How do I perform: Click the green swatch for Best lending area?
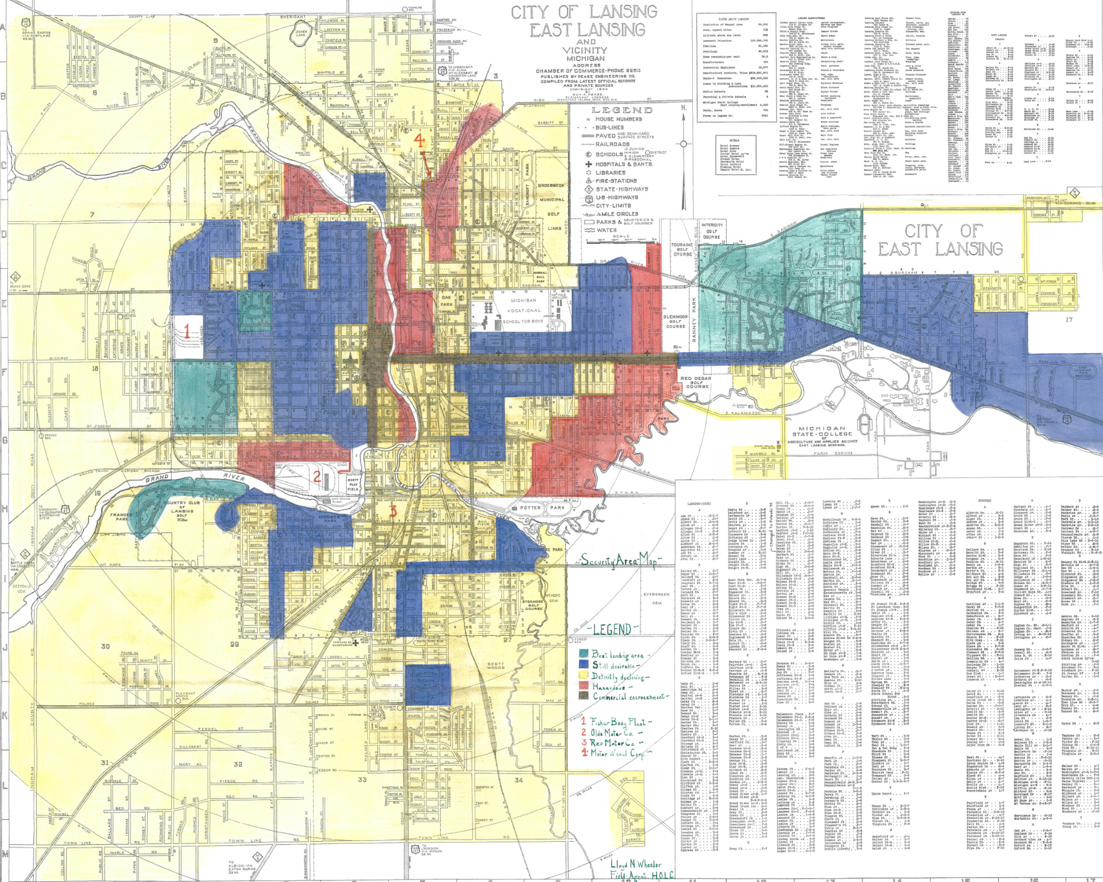pos(583,654)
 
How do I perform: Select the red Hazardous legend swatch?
pos(583,686)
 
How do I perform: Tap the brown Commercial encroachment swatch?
pos(583,697)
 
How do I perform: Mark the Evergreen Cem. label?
pos(656,598)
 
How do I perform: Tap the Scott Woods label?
pos(497,669)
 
